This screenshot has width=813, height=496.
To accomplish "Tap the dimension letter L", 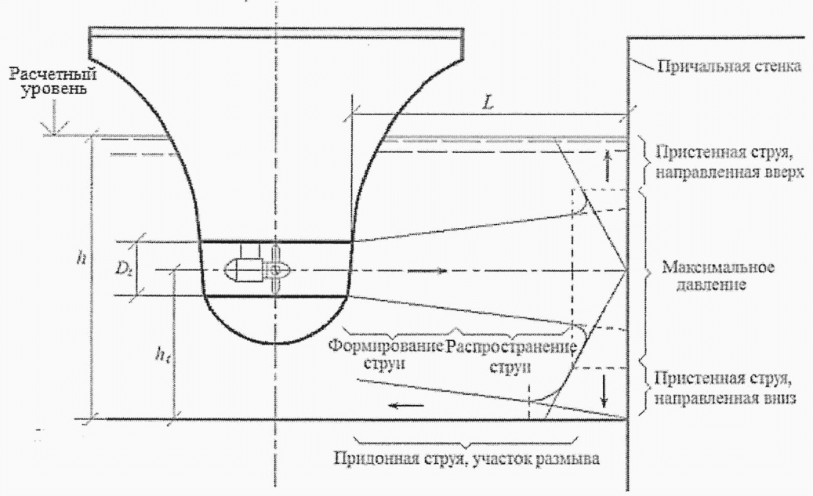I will click(x=488, y=103).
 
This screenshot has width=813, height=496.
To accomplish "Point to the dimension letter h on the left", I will click(x=82, y=256).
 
